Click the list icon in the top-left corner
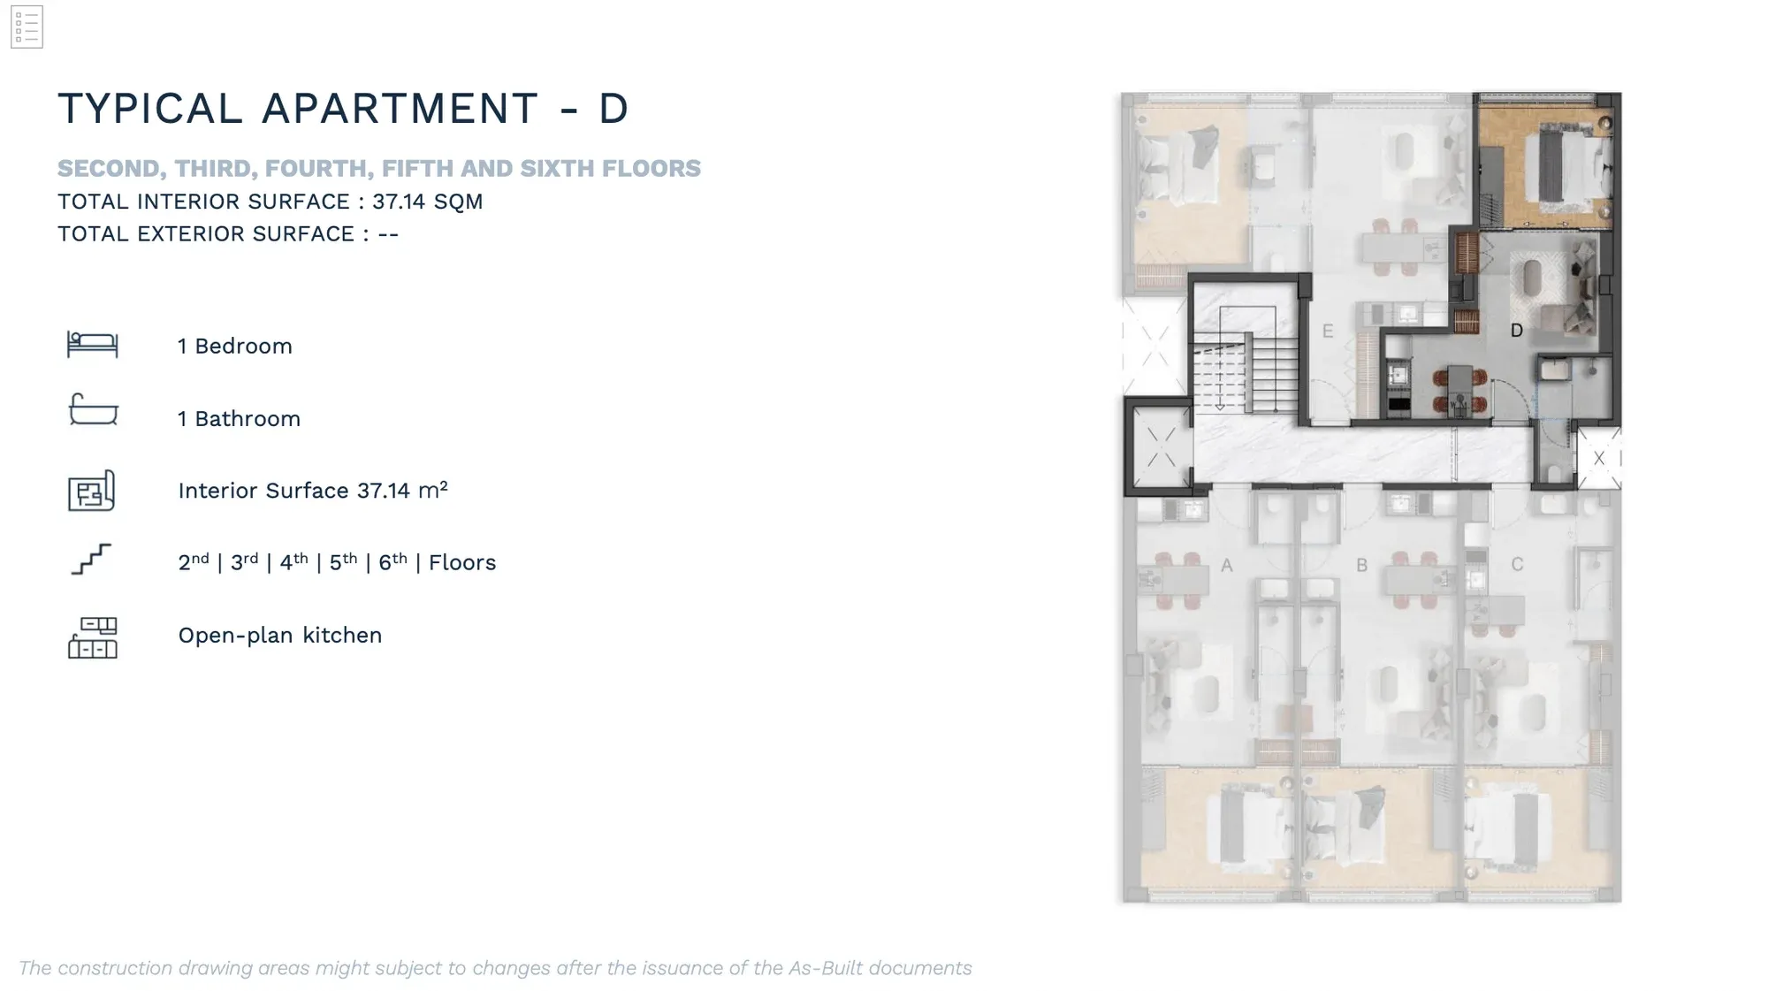pos(27,27)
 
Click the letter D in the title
pos(613,109)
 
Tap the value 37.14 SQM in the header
pos(427,202)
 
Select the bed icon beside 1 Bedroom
pos(93,344)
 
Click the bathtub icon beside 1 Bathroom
pos(93,409)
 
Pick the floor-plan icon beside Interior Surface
pos(92,491)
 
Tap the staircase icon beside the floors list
pos(91,560)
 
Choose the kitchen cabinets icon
pos(93,637)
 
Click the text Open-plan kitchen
pos(280,636)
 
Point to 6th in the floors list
pos(392,561)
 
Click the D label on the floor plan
pos(1517,331)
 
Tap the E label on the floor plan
pos(1328,332)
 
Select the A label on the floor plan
pos(1227,565)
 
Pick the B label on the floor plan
pos(1362,565)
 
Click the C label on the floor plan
pos(1517,564)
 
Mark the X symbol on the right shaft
pos(1599,458)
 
